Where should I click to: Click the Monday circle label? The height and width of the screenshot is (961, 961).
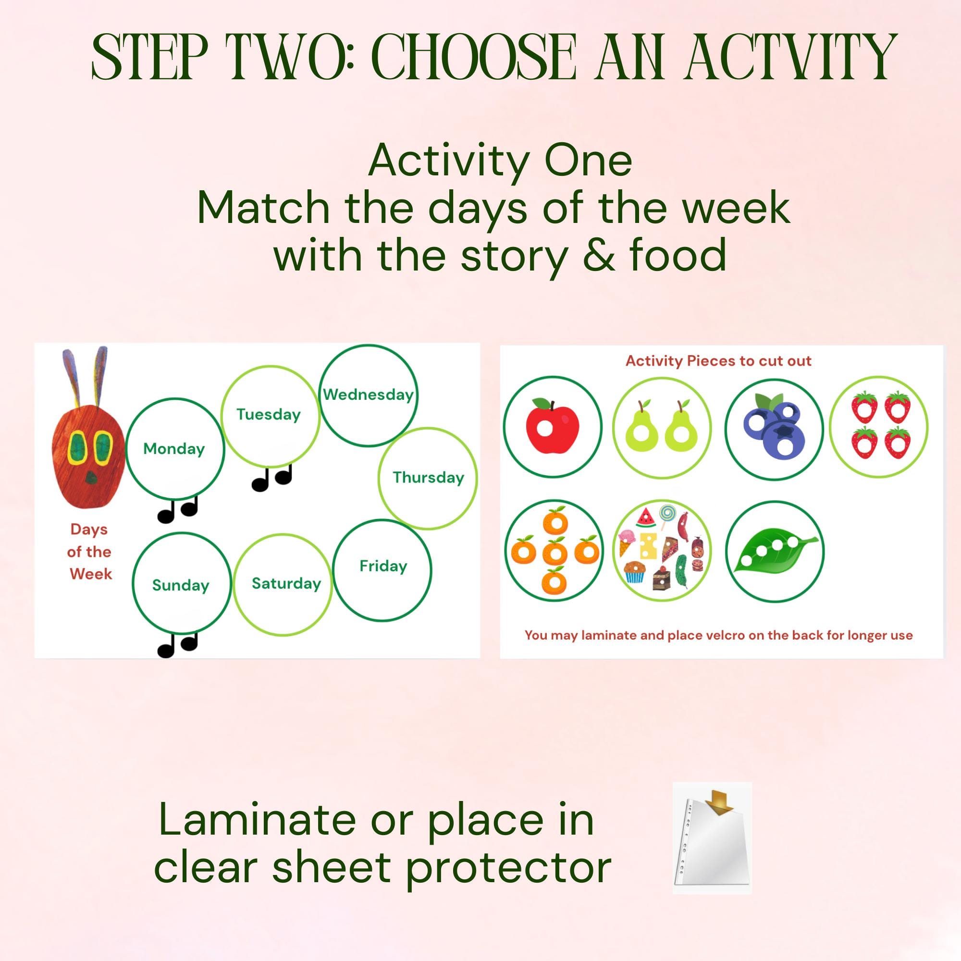pos(173,449)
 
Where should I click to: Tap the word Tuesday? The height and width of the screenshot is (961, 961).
pos(269,414)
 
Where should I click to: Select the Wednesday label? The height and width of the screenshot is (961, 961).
pos(368,395)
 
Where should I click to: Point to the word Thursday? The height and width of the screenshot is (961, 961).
pos(428,478)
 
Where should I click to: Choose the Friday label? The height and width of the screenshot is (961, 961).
pos(383,566)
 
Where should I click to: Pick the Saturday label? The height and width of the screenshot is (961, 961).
pos(286,583)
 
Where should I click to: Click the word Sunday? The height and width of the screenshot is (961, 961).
pos(181,585)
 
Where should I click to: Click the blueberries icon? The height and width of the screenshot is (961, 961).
pos(774,429)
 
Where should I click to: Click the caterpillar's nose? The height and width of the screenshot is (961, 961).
pos(91,479)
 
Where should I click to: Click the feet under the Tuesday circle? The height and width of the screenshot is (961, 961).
pos(271,479)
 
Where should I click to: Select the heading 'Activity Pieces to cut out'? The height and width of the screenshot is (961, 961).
pos(718,361)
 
